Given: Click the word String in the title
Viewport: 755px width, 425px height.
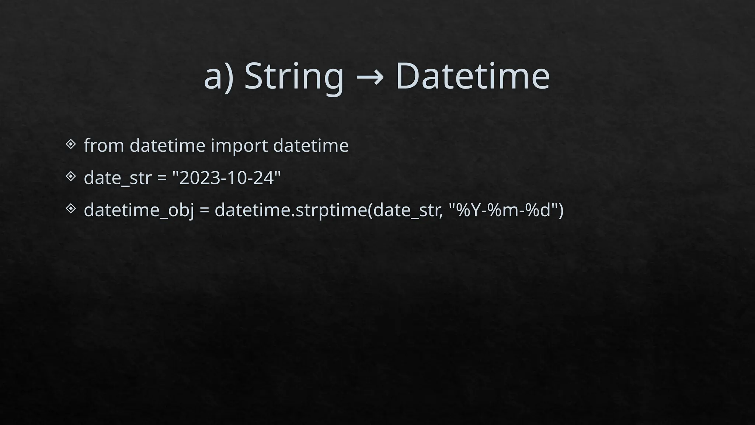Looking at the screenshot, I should click(x=294, y=76).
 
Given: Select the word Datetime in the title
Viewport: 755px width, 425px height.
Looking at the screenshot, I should click(x=473, y=76).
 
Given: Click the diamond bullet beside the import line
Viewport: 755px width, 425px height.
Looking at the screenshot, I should click(x=71, y=144).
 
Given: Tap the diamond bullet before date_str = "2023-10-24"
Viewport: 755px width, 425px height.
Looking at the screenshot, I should click(x=71, y=176).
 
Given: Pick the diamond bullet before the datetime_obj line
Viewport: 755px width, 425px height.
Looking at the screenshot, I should click(x=71, y=209).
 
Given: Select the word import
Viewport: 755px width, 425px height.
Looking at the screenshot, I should click(x=239, y=145).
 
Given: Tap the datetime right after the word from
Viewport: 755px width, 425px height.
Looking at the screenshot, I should click(x=167, y=145).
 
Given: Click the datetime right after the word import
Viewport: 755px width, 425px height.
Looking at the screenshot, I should click(x=311, y=145).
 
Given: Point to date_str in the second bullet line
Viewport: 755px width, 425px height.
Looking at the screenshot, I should click(x=118, y=178).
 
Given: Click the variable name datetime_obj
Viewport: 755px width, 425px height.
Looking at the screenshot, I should click(x=139, y=210).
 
